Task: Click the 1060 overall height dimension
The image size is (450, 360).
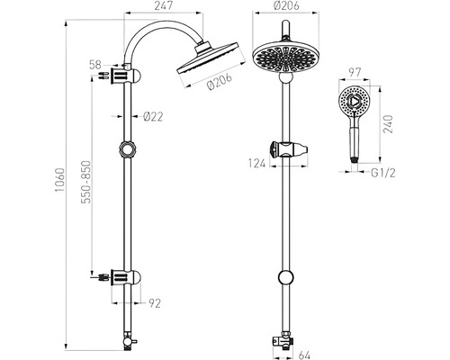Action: (59, 180)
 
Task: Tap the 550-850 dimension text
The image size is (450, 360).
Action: (86, 182)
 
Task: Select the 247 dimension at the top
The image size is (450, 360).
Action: (164, 6)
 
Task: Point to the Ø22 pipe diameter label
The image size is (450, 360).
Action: (153, 116)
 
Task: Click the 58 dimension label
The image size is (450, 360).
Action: (95, 65)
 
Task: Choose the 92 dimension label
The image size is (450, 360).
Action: (155, 303)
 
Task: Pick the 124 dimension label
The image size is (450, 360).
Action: (257, 164)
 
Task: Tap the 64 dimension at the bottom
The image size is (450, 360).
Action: (304, 355)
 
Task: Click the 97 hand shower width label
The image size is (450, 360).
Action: (354, 73)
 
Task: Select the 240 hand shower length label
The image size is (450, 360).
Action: (388, 124)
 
